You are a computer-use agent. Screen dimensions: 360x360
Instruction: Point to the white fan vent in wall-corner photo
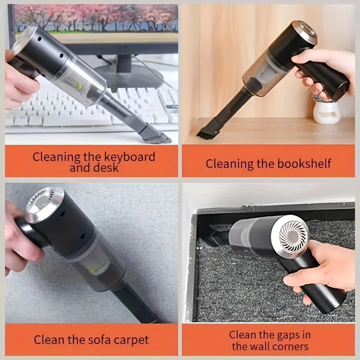click(x=292, y=236)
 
